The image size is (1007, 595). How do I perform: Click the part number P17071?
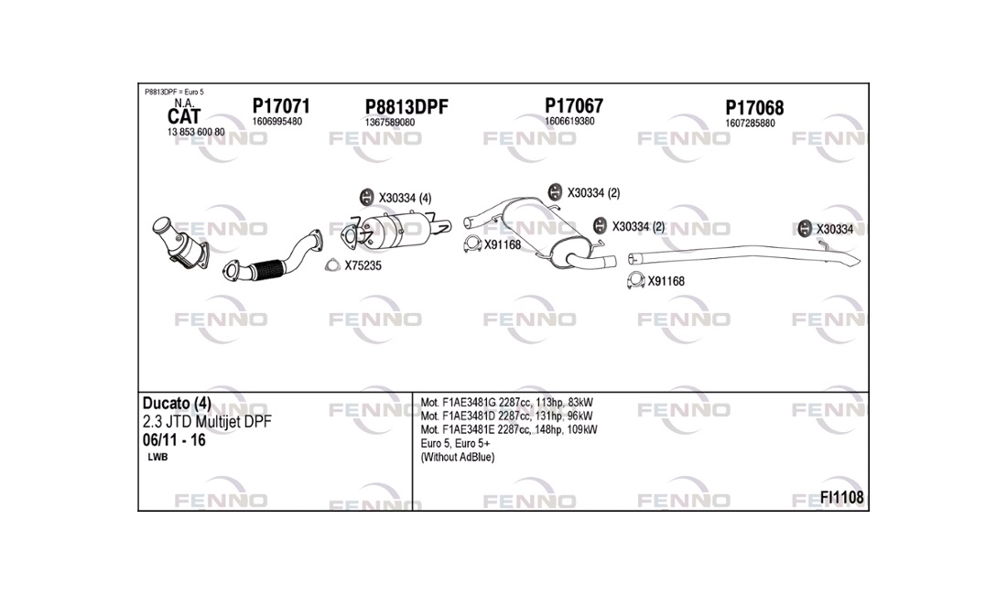click(x=281, y=106)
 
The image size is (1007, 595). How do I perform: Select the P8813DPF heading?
click(x=406, y=107)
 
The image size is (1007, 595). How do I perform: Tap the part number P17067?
click(x=574, y=105)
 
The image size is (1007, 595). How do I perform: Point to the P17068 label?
click(x=754, y=108)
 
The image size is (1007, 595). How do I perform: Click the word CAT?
click(x=184, y=117)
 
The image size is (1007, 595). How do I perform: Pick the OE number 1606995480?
click(x=276, y=122)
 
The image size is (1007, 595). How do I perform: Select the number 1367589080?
click(x=390, y=122)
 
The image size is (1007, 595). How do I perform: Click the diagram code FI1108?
click(x=841, y=497)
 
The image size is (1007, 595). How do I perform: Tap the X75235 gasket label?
click(x=363, y=265)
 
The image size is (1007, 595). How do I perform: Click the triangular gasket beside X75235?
click(x=332, y=265)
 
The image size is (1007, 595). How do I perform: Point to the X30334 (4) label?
click(x=405, y=199)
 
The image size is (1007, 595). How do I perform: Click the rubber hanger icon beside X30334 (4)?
click(x=366, y=197)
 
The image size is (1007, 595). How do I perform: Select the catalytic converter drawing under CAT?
click(x=180, y=243)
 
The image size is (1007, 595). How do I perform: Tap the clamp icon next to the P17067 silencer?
click(x=472, y=243)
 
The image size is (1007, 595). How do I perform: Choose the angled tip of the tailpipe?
click(x=856, y=259)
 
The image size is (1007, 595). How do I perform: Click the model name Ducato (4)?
click(x=177, y=403)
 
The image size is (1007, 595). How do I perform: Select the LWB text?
click(x=157, y=457)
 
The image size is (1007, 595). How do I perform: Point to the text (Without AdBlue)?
click(x=457, y=457)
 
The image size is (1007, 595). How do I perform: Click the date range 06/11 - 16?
click(x=174, y=440)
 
